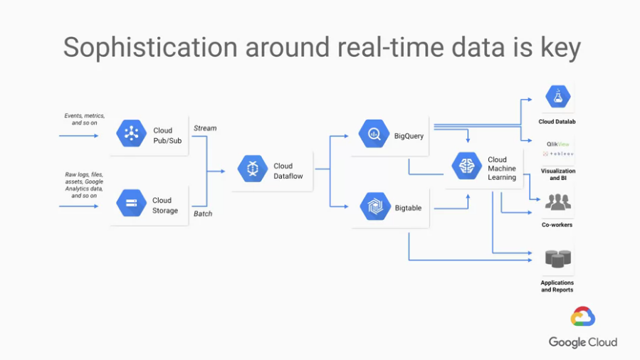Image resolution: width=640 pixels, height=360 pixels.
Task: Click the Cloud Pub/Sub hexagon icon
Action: pyautogui.click(x=132, y=133)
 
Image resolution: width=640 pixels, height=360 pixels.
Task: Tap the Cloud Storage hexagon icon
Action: pyautogui.click(x=132, y=203)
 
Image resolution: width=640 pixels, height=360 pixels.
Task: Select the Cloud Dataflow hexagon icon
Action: pyautogui.click(x=253, y=169)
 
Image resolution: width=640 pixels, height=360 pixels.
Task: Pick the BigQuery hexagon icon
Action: pyautogui.click(x=374, y=133)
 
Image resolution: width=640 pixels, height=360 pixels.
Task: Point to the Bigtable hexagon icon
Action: pyautogui.click(x=375, y=206)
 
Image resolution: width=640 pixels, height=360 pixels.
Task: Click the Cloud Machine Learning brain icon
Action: pyautogui.click(x=467, y=166)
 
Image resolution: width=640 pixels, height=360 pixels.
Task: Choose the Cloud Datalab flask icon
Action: pyautogui.click(x=558, y=97)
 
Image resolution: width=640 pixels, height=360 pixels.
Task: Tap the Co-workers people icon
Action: pyautogui.click(x=558, y=202)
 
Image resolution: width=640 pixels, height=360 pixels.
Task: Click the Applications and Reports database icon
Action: pyautogui.click(x=558, y=259)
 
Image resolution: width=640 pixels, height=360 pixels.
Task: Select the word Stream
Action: pyautogui.click(x=205, y=128)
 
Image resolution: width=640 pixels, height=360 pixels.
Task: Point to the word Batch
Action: pyautogui.click(x=203, y=213)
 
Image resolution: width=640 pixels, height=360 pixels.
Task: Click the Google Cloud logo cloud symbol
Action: pyautogui.click(x=583, y=317)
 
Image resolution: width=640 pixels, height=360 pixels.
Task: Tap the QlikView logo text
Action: pyautogui.click(x=558, y=144)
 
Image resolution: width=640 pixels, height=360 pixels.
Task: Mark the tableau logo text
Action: pyautogui.click(x=558, y=154)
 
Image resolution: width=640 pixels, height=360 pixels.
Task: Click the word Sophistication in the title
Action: pyautogui.click(x=150, y=48)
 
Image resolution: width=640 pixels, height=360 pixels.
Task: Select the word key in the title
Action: pyautogui.click(x=560, y=48)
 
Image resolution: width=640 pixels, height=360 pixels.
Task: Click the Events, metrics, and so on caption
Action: pyautogui.click(x=85, y=119)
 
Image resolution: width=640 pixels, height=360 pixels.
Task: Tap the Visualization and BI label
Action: pyautogui.click(x=558, y=174)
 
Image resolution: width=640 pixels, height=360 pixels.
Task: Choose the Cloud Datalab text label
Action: pyautogui.click(x=557, y=122)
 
